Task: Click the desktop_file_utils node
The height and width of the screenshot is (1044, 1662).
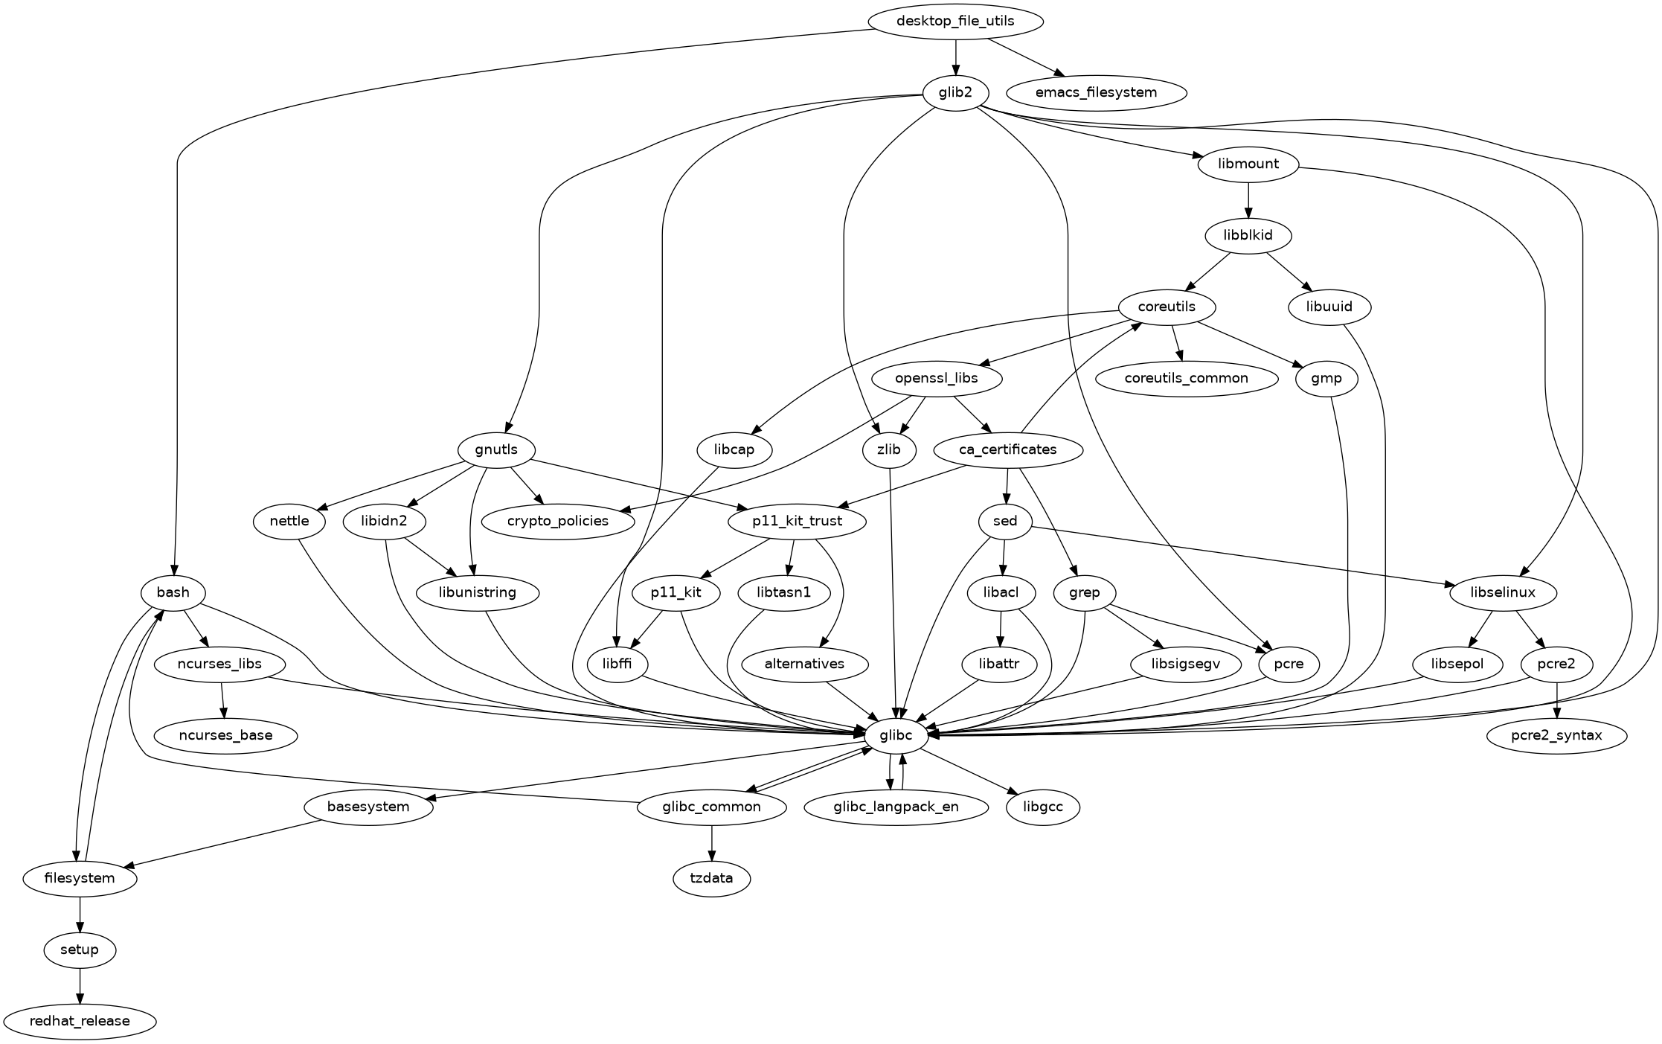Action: pos(955,21)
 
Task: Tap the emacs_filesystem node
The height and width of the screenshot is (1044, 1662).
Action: pos(1096,93)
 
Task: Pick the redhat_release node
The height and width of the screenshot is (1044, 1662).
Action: pos(80,1021)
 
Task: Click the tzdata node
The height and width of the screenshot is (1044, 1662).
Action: pos(711,878)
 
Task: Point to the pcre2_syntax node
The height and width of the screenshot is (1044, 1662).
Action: pos(1556,735)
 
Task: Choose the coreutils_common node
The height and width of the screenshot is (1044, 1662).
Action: pos(1186,378)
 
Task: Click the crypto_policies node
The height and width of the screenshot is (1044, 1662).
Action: pos(558,521)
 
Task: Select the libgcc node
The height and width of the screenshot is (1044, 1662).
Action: pos(1042,807)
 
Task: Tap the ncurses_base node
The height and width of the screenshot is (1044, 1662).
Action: pos(225,735)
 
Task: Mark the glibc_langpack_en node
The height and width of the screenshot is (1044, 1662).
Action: pos(896,807)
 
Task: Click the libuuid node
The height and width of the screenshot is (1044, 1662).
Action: pos(1328,307)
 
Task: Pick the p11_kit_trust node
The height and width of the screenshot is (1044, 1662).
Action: pos(797,521)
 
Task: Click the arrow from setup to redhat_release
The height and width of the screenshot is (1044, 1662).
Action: pos(80,985)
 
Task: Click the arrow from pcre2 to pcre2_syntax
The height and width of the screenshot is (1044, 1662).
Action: pos(1556,699)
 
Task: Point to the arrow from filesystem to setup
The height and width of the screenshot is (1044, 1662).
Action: pos(80,914)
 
